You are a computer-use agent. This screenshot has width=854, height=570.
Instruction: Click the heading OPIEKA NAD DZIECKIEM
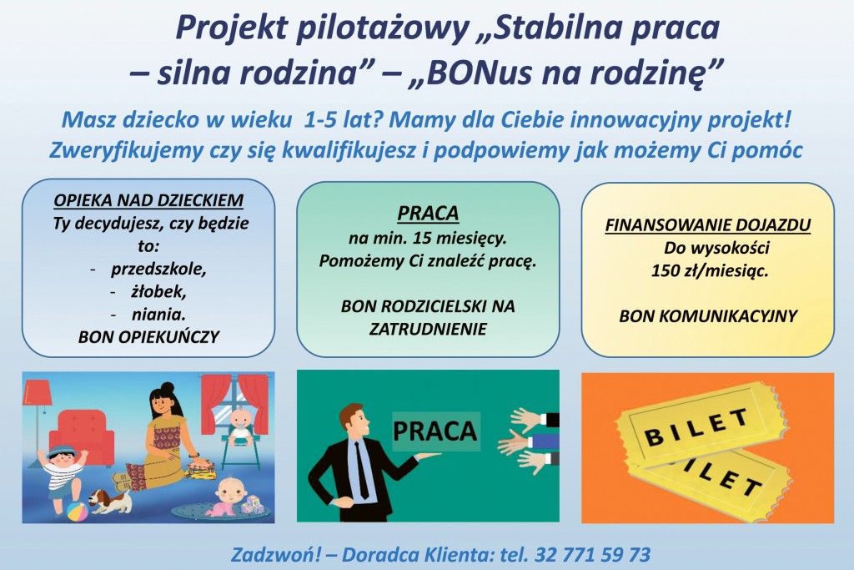[148, 200]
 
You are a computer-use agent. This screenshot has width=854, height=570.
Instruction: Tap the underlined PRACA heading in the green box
[428, 214]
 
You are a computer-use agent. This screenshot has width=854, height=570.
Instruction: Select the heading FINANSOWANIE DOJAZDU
[707, 225]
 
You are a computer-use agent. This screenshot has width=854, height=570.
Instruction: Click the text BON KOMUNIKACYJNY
[708, 316]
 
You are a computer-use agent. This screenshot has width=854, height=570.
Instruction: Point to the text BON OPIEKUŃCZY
[148, 337]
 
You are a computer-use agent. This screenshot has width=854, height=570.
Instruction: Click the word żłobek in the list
[158, 292]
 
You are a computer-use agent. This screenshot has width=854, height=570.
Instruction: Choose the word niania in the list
[158, 315]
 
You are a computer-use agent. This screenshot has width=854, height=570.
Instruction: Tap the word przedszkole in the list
[158, 270]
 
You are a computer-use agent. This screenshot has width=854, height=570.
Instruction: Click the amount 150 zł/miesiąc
[709, 271]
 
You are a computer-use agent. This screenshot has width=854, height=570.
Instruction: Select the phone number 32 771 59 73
[593, 555]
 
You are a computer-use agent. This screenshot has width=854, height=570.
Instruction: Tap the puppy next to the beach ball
[110, 500]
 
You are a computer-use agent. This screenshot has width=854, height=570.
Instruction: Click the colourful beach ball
[77, 512]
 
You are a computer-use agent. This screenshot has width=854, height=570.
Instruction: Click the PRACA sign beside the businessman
[435, 431]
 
